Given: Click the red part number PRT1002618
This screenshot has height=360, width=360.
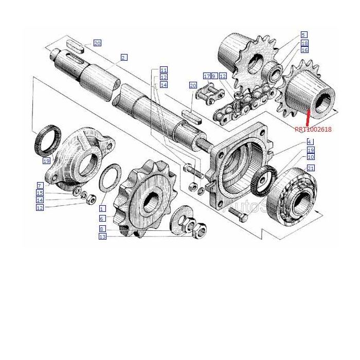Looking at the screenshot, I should (x=313, y=130).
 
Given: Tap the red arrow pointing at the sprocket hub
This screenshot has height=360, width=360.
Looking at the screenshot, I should (x=307, y=118).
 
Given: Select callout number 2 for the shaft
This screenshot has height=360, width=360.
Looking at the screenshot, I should (x=124, y=57).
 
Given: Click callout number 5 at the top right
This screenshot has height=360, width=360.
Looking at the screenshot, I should (x=304, y=34).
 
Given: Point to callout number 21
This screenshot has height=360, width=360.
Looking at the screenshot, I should (x=310, y=168).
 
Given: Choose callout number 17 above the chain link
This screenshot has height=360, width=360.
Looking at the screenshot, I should (x=207, y=76).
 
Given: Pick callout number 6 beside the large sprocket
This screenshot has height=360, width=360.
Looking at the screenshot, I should (x=102, y=219).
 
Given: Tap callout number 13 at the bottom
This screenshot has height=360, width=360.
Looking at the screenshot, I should (x=102, y=237).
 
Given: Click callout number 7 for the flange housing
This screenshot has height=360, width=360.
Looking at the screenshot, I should (x=40, y=185).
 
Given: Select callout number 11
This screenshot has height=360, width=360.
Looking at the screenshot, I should (x=163, y=69).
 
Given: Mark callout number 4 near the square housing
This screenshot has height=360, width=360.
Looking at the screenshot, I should (x=310, y=142).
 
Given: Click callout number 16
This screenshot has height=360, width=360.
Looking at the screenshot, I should (x=304, y=50).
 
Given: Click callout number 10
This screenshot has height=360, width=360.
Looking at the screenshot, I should (x=310, y=156).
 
